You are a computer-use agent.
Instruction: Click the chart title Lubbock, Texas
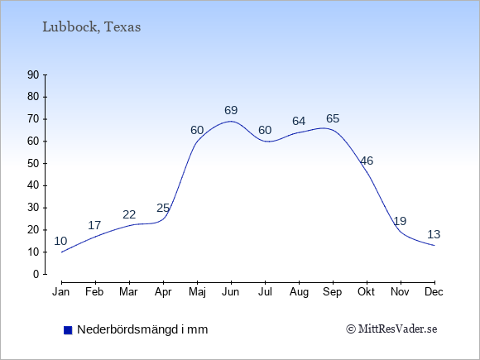tap(92, 27)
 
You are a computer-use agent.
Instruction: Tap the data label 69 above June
tap(231, 110)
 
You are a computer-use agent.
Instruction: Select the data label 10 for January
tap(60, 241)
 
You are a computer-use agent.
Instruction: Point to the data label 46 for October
tap(367, 161)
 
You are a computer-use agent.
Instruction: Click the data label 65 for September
tap(333, 118)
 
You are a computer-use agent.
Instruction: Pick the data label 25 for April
tap(163, 209)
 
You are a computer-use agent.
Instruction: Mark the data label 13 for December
tap(434, 234)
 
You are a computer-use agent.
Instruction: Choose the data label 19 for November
tap(400, 221)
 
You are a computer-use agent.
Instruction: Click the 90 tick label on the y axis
tap(33, 74)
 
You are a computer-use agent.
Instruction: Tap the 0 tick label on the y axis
tap(36, 274)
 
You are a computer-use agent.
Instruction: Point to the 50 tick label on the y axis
tap(33, 163)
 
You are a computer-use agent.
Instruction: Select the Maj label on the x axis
tap(197, 292)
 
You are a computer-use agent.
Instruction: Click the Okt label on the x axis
tap(366, 292)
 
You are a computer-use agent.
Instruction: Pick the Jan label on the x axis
tap(61, 292)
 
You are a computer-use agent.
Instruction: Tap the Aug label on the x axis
tap(299, 292)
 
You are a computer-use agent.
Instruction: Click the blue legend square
tap(68, 330)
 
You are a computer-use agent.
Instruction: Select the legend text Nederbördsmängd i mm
tap(142, 329)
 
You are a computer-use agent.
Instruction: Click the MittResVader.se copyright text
tap(391, 329)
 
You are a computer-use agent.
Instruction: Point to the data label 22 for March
tap(129, 214)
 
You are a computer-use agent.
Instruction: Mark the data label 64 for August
tap(299, 121)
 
